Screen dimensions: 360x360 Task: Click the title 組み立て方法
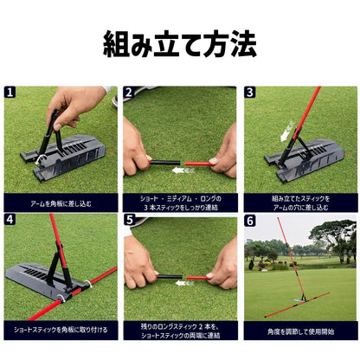180,42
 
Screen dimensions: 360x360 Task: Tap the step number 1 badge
10,92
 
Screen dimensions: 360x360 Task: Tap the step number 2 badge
129,92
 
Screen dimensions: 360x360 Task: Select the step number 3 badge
249,92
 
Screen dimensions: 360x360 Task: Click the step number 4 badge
10,220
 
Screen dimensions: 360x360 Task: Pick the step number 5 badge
129,220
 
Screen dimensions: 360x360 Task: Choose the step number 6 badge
249,220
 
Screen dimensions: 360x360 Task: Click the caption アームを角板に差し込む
61,204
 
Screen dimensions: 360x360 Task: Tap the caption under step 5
179,330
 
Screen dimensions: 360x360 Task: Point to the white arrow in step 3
286,132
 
